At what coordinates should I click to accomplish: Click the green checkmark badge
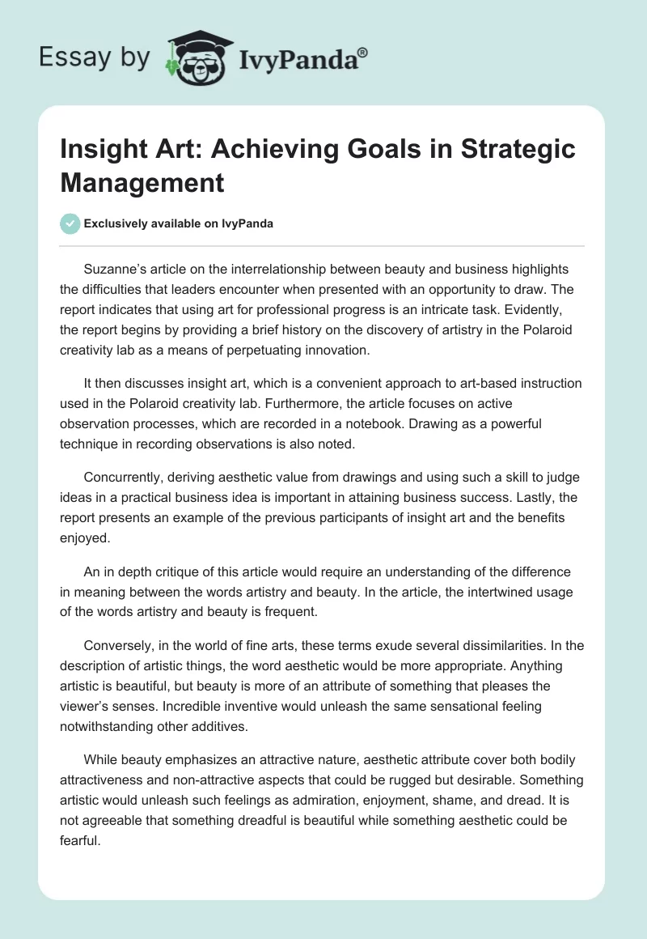click(x=71, y=223)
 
